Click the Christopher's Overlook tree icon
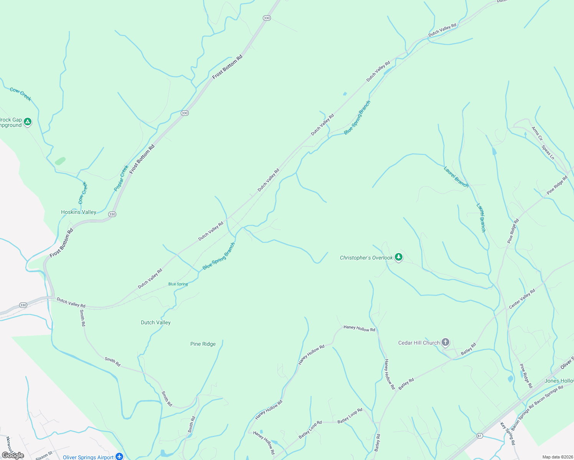[x=399, y=257]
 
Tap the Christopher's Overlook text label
[x=366, y=258]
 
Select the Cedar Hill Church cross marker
[x=445, y=342]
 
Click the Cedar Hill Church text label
[x=419, y=343]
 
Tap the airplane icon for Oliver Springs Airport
[x=120, y=457]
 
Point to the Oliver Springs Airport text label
[x=88, y=457]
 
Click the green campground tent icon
[x=27, y=122]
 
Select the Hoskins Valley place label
[x=79, y=212]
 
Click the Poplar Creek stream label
[x=121, y=178]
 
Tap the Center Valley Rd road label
[x=522, y=299]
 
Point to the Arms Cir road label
[x=537, y=133]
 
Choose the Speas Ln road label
[x=548, y=152]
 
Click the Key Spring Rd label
[x=508, y=434]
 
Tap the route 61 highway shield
[x=480, y=436]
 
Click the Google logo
[x=13, y=455]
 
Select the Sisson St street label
[x=44, y=456]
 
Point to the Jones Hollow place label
[x=559, y=381]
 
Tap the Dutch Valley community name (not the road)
[x=155, y=322]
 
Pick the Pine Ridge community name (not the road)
[x=203, y=344]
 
